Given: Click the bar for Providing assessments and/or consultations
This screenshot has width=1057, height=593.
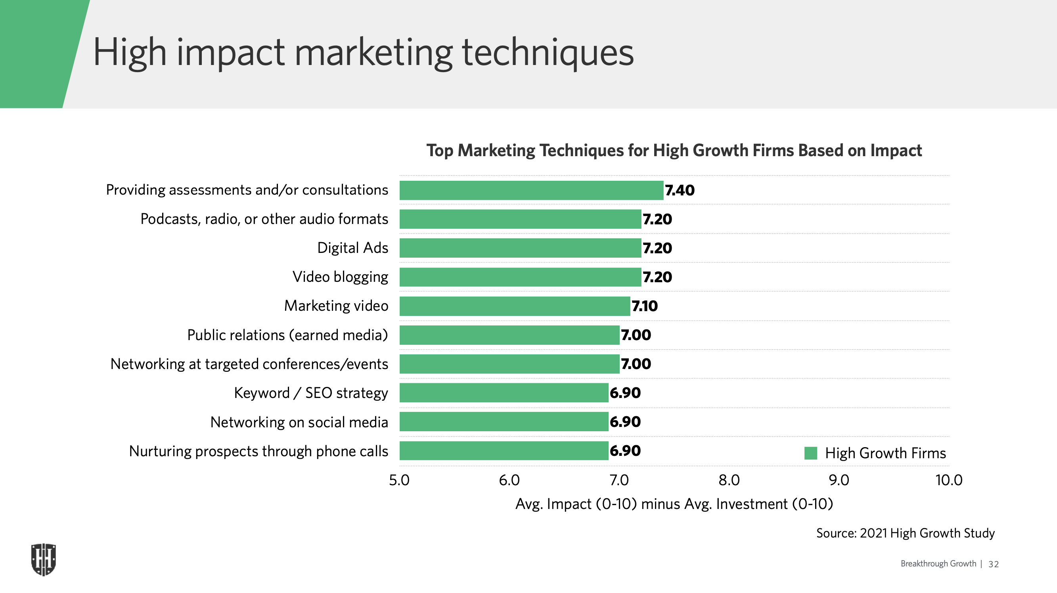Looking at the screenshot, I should coord(531,190).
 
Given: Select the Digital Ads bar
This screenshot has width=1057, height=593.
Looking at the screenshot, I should coord(520,248).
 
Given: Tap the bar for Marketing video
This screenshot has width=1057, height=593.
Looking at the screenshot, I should coord(515,306).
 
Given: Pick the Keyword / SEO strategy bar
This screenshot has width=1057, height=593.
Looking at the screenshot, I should coord(504,393).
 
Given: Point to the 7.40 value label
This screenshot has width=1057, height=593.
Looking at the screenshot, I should coord(680,190).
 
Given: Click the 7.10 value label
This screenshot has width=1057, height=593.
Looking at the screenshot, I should coord(644,306).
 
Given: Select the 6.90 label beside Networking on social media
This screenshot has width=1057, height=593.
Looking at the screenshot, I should coord(625,422).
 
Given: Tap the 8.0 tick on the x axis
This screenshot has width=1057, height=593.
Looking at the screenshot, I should coord(729,480).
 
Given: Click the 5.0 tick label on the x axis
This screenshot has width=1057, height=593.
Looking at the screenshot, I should coord(399,480).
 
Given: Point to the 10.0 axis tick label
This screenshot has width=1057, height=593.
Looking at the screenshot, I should coord(949,480).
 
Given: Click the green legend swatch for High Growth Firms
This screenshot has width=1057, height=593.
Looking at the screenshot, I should coord(810,453).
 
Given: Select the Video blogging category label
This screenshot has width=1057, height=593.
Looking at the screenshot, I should coord(340,277).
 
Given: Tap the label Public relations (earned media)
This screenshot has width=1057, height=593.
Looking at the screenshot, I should coord(287,335).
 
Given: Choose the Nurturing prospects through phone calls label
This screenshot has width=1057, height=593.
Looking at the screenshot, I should coord(259,451).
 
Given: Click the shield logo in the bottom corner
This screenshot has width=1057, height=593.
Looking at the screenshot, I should coord(44,559).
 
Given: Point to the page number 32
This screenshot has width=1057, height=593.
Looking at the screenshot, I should coord(994,564).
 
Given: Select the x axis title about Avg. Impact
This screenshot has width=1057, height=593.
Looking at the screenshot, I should coord(674,504).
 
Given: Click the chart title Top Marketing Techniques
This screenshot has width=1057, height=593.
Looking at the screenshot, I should coord(674,151).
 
